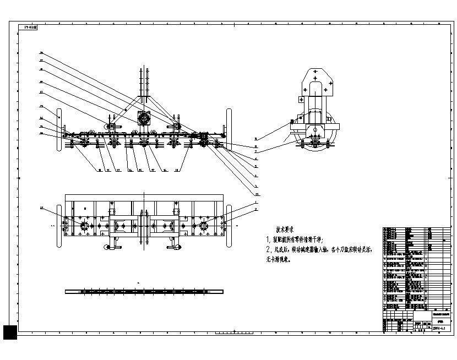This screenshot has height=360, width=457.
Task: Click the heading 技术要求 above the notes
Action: [288, 228]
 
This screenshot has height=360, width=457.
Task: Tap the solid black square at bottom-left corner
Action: [10, 332]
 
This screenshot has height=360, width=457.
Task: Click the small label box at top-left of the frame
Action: [28, 26]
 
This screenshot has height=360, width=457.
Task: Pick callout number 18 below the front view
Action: [177, 171]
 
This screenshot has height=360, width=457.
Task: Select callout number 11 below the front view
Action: [108, 171]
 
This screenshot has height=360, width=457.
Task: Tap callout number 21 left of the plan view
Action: [41, 208]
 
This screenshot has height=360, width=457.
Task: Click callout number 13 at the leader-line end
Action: [256, 194]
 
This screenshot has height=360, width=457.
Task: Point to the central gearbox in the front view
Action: [145, 118]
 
